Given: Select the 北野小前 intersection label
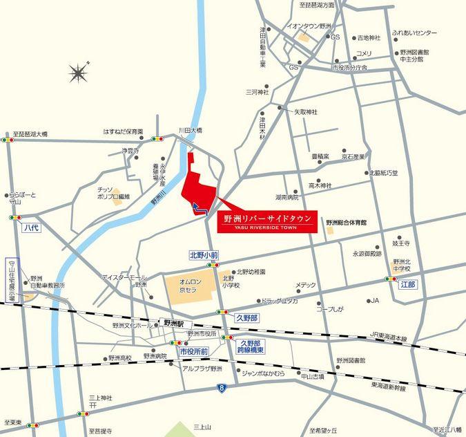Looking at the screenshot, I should click(204, 255).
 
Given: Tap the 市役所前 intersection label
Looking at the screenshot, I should click(194, 351).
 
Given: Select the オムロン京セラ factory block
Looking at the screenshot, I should click(188, 288).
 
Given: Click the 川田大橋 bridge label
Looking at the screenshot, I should click(190, 130).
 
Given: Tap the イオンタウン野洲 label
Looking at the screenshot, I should click(309, 26).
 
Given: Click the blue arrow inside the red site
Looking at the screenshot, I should click(200, 208).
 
